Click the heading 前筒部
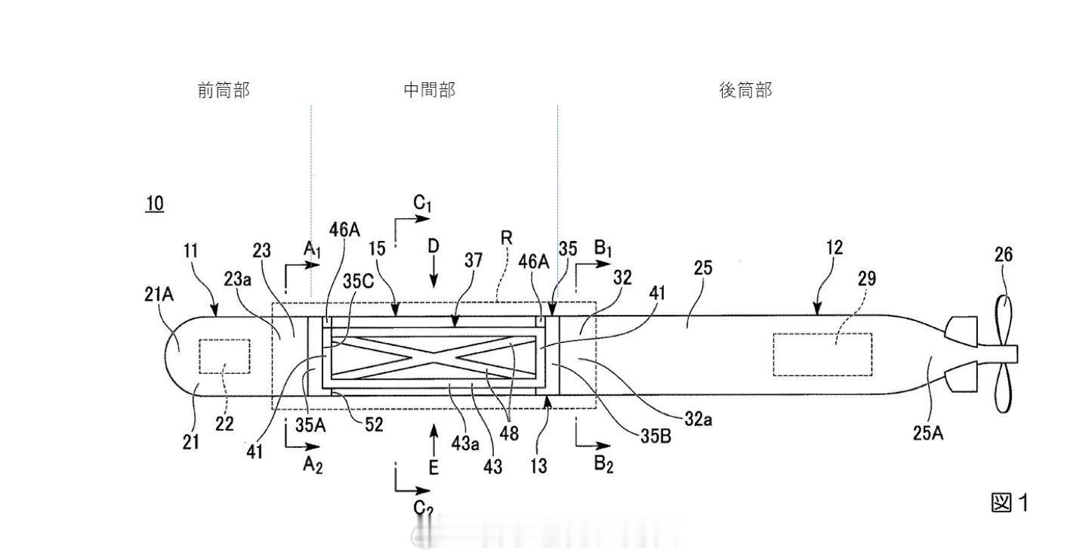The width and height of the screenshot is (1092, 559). click(223, 91)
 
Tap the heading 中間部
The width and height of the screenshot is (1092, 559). click(430, 91)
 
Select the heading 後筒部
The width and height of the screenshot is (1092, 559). click(745, 91)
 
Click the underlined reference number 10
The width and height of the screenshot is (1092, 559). click(154, 203)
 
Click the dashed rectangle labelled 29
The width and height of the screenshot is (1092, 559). click(822, 354)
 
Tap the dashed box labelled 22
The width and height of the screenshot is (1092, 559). click(224, 356)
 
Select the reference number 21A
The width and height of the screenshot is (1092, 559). click(159, 296)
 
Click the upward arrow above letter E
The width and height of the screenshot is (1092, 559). click(433, 435)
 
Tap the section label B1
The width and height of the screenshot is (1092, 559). click(602, 249)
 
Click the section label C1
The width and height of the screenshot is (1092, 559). click(422, 203)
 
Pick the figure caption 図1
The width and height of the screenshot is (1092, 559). click(1009, 502)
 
